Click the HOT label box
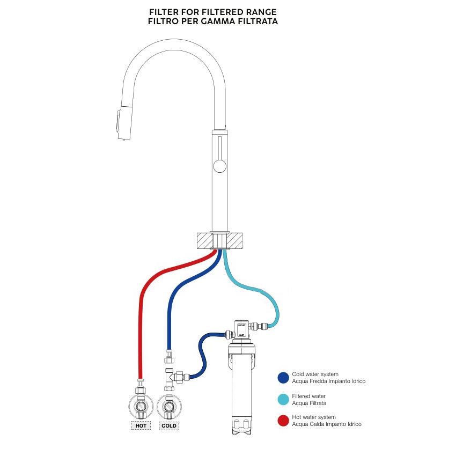[x=141, y=425]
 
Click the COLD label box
[x=169, y=425]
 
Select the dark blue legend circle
[x=283, y=378]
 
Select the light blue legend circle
[x=283, y=400]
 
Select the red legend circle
[x=283, y=421]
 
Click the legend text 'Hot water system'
[x=314, y=417]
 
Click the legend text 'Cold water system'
[x=315, y=374]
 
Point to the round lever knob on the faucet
[x=219, y=166]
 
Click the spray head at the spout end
[x=121, y=123]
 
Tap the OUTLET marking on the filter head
[x=241, y=325]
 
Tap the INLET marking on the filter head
[x=241, y=333]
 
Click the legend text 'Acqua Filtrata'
[x=309, y=403]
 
